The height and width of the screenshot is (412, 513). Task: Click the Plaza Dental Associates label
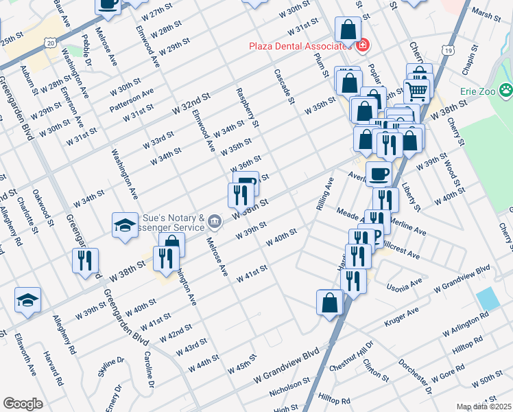(300, 46)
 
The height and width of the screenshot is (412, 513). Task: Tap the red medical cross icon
(362, 46)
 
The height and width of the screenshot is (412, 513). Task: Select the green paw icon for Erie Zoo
(505, 89)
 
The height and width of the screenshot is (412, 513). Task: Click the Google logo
(23, 404)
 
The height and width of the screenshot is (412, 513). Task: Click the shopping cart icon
(416, 90)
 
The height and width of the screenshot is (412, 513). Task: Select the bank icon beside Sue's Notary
(215, 220)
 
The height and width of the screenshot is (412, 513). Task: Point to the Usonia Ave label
(405, 284)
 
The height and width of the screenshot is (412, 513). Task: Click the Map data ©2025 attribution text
(484, 407)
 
